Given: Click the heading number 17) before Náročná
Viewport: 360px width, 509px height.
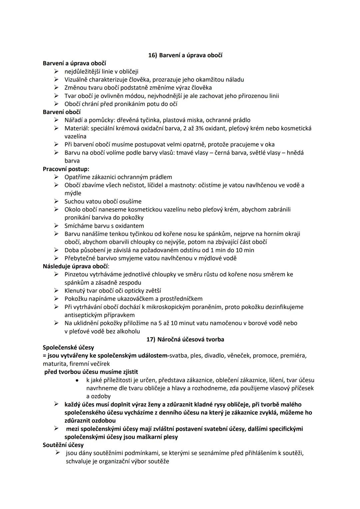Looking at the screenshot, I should (151, 339).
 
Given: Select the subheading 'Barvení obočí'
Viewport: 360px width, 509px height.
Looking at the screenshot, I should (62, 112).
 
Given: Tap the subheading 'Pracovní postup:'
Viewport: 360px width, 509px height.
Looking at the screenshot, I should (66, 169).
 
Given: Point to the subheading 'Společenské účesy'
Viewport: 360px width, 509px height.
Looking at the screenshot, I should (68, 347).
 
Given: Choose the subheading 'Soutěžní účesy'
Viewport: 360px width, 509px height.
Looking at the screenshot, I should (63, 445).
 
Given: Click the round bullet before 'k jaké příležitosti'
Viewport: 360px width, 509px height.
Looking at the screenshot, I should (77, 380).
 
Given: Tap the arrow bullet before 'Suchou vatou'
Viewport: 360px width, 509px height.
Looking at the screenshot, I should (57, 201).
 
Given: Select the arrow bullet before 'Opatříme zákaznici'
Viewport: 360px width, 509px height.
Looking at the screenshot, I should (57, 177).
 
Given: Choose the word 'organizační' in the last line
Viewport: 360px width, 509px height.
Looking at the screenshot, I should (117, 461).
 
